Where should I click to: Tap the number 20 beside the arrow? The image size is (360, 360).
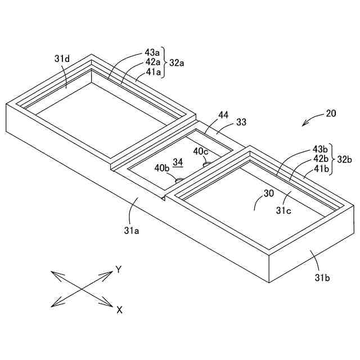tap(331, 114)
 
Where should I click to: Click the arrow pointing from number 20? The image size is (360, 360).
tap(310, 120)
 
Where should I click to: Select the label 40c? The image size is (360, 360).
tap(200, 151)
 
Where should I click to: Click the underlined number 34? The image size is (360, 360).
tap(178, 162)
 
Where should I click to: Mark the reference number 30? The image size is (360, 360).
tap(270, 192)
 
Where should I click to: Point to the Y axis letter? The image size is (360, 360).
tap(119, 269)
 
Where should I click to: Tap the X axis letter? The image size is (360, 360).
tap(119, 309)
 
